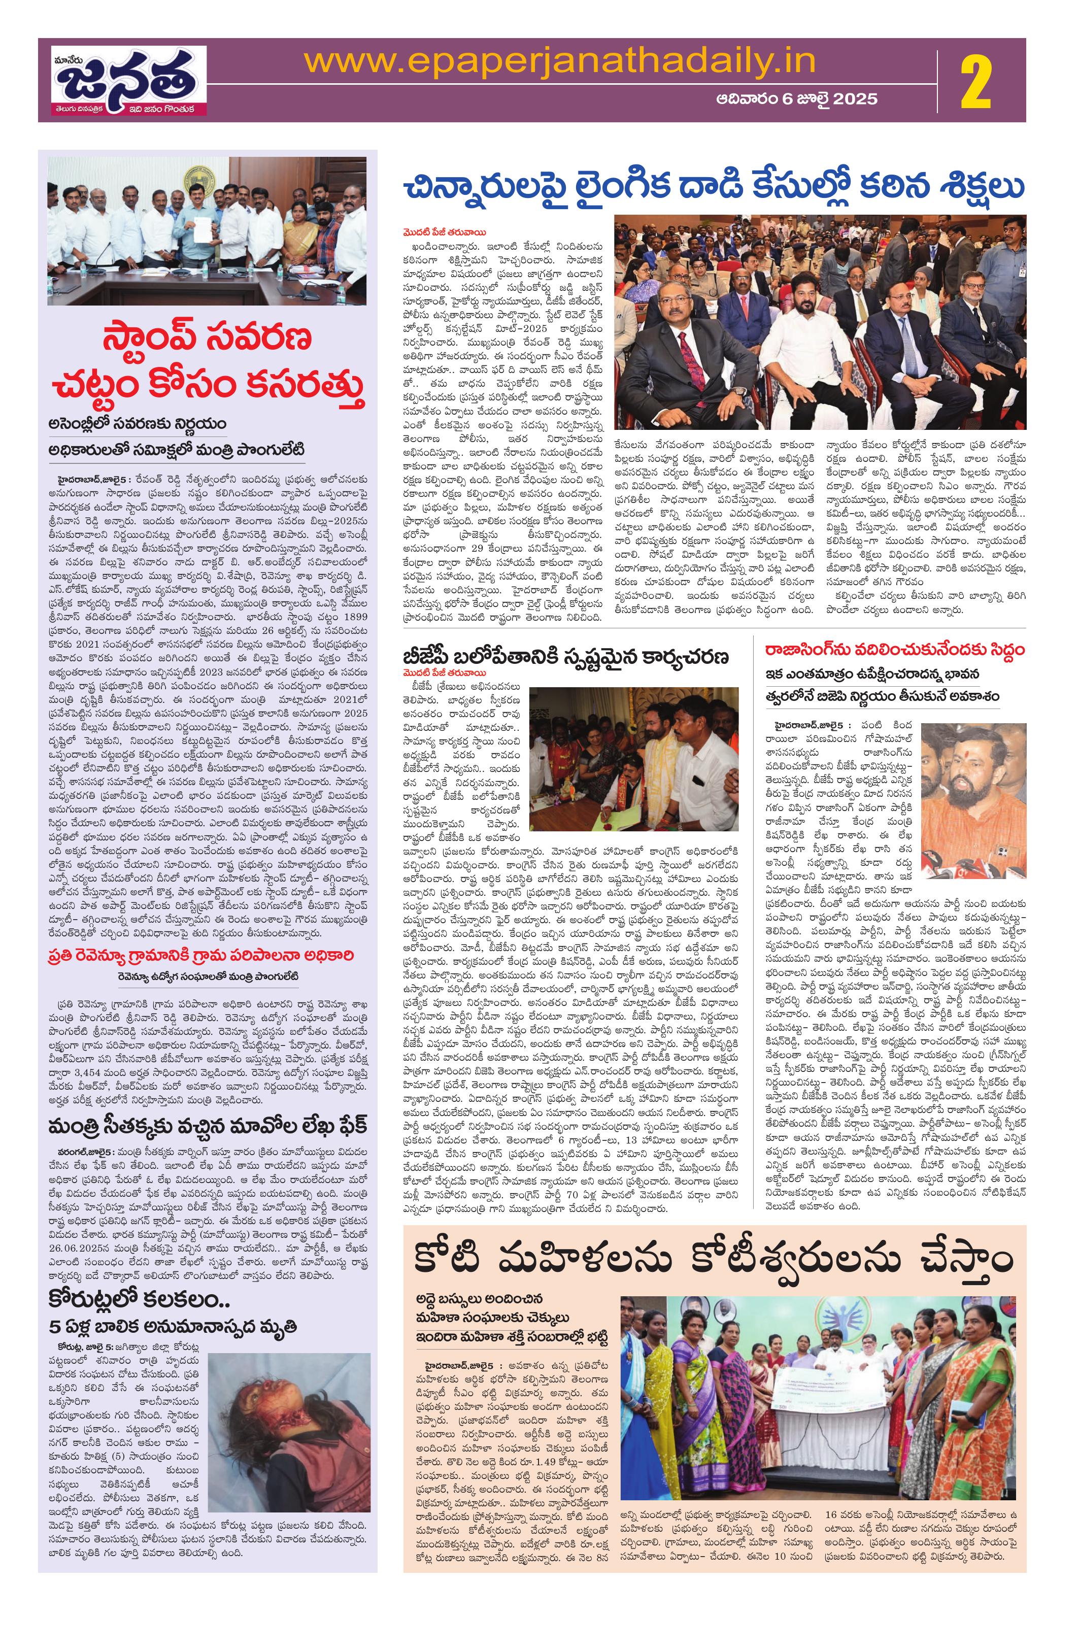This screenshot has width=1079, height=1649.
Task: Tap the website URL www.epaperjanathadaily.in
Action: [560, 61]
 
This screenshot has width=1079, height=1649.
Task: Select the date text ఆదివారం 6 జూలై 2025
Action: [796, 99]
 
